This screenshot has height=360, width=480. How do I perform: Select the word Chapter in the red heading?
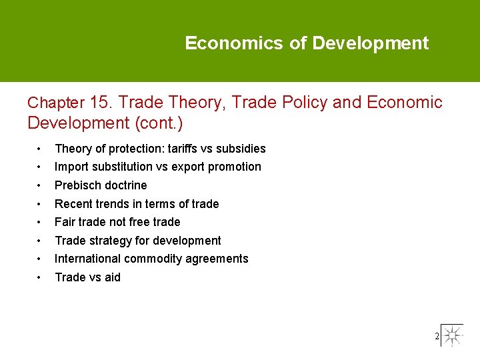(56, 103)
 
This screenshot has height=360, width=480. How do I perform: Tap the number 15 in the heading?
(101, 103)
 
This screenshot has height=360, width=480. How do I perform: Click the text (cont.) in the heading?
(159, 123)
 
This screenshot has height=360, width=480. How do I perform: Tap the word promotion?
(235, 167)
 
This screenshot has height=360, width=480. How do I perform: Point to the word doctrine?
(125, 185)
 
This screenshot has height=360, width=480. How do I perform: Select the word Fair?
(65, 222)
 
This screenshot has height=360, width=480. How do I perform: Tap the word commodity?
(157, 259)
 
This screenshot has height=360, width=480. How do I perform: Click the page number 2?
(437, 337)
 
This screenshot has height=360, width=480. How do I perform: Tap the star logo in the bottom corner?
(453, 335)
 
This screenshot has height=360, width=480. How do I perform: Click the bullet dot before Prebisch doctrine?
(41, 185)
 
